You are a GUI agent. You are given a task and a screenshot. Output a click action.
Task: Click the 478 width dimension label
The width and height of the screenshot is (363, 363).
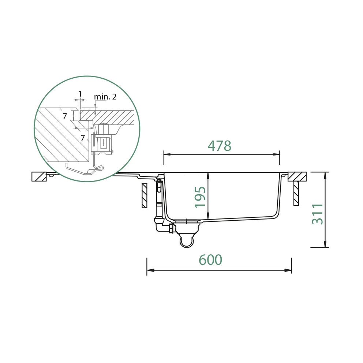pos(219,146)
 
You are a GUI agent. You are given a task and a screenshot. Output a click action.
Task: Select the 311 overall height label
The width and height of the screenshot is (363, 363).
pos(317,214)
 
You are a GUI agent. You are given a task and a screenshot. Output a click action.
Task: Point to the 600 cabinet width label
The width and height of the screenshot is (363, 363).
pos(210,259)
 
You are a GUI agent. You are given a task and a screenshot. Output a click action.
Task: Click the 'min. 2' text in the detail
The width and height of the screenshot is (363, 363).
pos(105,97)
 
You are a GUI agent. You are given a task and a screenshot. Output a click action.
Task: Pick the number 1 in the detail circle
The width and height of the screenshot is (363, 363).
pos(80,94)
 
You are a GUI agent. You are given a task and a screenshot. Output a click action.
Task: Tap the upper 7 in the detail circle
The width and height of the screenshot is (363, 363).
pos(65,116)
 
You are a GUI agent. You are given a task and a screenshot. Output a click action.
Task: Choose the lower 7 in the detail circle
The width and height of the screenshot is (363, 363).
pos(83,138)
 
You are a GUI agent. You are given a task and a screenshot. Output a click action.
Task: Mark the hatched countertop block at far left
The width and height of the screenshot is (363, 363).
pos(40,177)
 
